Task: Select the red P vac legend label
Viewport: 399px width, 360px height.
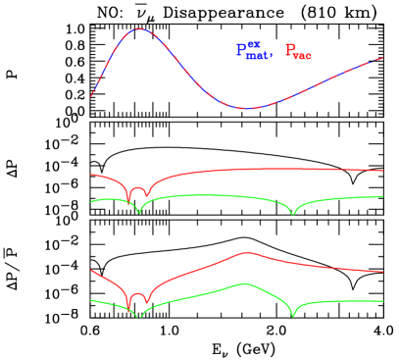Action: [x=298, y=51]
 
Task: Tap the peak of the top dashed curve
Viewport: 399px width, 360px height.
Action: [x=140, y=29]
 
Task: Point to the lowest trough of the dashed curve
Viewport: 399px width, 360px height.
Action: [x=247, y=108]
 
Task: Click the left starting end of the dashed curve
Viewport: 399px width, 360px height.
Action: [x=91, y=95]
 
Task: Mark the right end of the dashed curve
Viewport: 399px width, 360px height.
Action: [x=382, y=58]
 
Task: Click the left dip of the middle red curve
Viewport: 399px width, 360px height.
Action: [x=128, y=200]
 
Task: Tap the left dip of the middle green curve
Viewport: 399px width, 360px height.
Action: [x=139, y=212]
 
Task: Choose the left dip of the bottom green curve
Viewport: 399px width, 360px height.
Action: [x=139, y=317]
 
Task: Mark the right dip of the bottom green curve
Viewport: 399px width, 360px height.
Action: [x=292, y=315]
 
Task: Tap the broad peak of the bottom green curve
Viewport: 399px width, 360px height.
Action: [x=244, y=283]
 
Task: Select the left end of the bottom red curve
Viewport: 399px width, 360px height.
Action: [x=91, y=270]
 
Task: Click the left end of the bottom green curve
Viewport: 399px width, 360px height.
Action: [x=91, y=300]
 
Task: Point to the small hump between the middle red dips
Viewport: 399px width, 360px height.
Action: [x=138, y=188]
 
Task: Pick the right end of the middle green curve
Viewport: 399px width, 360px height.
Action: [x=382, y=196]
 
